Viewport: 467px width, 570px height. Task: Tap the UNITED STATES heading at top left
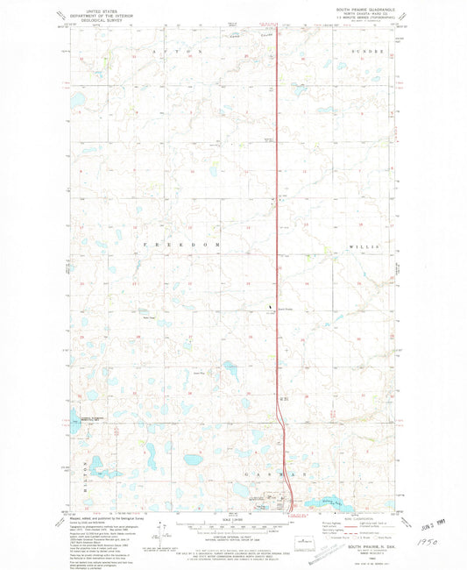click(x=96, y=9)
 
